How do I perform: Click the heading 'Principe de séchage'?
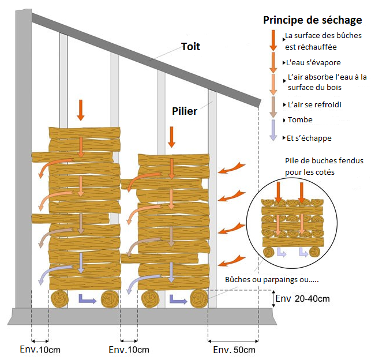coord(312,20)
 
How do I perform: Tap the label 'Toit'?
coord(190,47)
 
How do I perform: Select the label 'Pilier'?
coord(184,111)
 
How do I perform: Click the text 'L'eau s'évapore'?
coord(313,62)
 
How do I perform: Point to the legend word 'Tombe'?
coord(300,120)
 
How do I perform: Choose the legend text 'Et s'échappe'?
coord(309,138)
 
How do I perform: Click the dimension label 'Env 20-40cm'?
coord(303,299)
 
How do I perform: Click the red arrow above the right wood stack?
coord(170,137)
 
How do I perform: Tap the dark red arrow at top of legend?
coord(272,39)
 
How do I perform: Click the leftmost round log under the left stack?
coord(59,299)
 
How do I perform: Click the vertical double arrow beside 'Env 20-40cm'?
coord(273,299)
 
